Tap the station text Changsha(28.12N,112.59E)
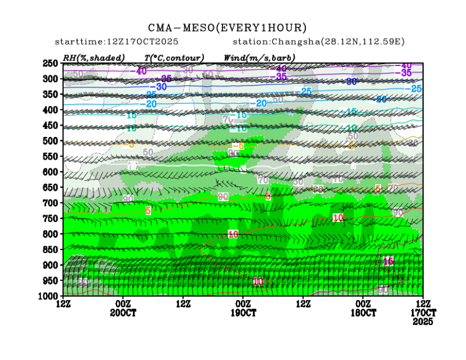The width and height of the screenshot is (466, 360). (x=318, y=42)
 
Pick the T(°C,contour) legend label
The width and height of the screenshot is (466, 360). (x=174, y=57)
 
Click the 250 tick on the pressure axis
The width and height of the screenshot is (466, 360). (x=51, y=63)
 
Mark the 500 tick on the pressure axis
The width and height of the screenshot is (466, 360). (x=51, y=140)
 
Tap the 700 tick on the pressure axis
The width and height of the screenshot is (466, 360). (x=51, y=202)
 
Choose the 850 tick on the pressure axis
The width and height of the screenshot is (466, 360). (x=51, y=249)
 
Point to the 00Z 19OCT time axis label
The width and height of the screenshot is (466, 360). (x=243, y=308)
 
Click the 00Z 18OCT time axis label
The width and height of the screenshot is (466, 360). (x=363, y=308)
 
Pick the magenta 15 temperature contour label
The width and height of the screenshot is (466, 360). (x=388, y=261)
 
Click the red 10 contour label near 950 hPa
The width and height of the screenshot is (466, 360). (x=258, y=281)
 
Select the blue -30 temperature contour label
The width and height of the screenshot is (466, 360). (x=161, y=87)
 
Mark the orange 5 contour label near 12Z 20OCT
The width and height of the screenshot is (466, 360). (x=148, y=211)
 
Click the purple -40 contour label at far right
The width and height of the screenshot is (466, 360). (x=405, y=66)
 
